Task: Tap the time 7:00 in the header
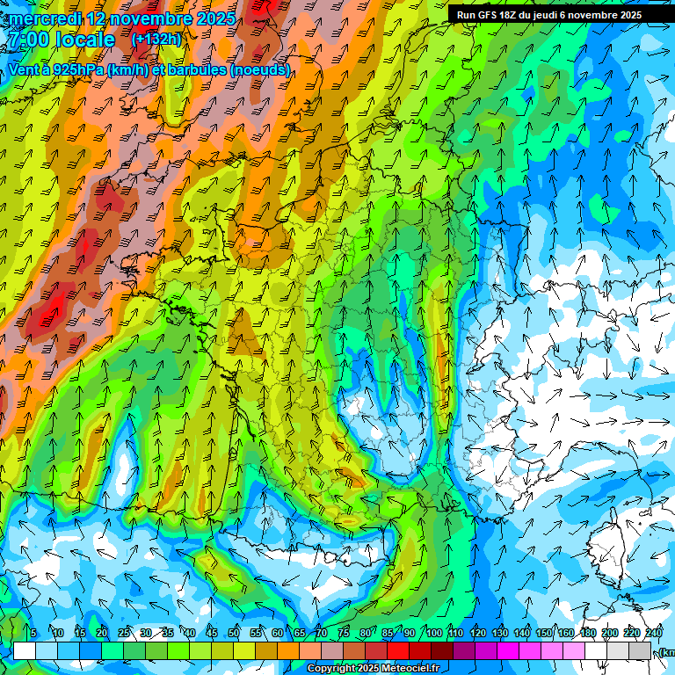tap(29, 40)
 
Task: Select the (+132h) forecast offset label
tap(156, 39)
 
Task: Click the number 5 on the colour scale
tap(33, 634)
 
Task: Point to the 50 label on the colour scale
tap(234, 634)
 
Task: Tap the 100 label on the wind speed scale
tap(434, 634)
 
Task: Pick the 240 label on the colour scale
tap(654, 634)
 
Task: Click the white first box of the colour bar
tap(25, 650)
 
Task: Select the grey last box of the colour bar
tap(641, 650)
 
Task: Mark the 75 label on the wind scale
tap(344, 634)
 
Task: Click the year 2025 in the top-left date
tap(215, 18)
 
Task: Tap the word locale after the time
tap(84, 40)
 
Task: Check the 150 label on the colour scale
tap(544, 634)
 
